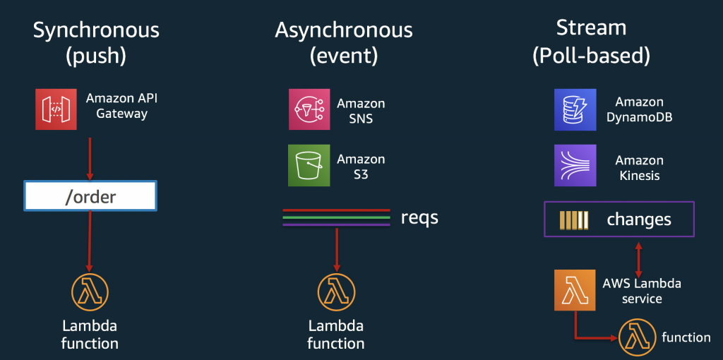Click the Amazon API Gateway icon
pos(56,109)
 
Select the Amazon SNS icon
pos(309,109)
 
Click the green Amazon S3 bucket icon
pos(309,165)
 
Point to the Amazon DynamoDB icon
pos(575,109)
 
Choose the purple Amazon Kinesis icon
pos(575,165)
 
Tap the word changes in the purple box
pos(639,220)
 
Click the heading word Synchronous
pos(96,30)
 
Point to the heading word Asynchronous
pos(344,30)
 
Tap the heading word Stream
pos(591,28)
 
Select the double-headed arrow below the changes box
pos(638,257)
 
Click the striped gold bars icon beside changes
pos(573,220)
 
